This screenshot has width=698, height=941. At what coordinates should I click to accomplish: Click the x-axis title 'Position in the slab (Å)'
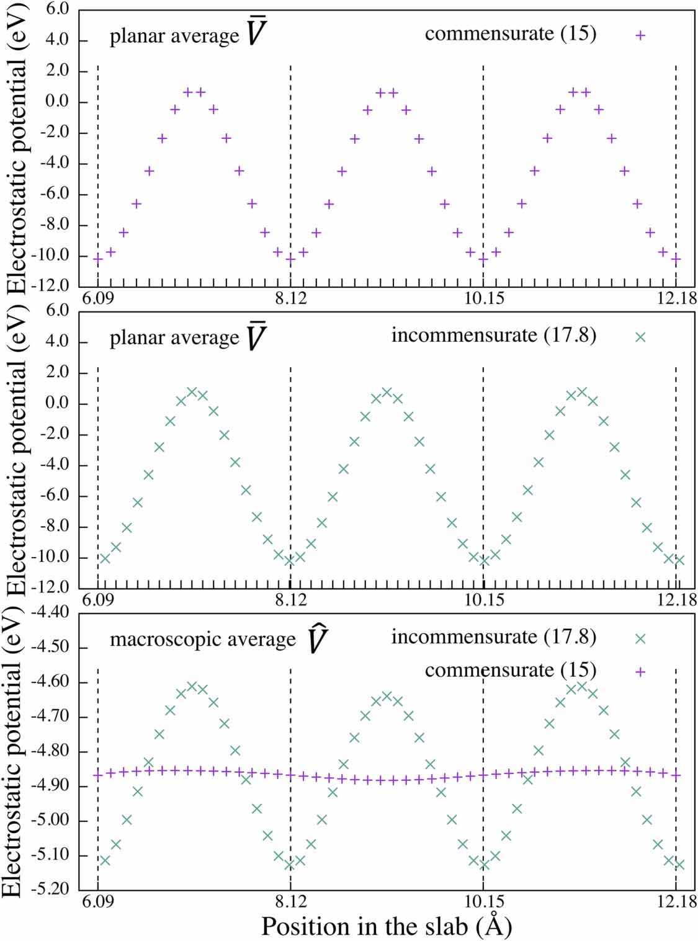point(386,926)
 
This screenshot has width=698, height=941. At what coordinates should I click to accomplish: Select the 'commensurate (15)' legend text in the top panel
point(510,33)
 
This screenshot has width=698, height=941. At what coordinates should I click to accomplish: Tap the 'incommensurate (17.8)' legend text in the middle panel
point(493,336)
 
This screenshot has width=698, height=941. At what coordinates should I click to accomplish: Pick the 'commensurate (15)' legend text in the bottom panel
point(510,671)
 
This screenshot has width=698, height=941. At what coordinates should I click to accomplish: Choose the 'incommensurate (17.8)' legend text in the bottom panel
point(493,637)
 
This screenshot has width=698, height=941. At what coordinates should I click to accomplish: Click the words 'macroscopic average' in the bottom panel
point(202,640)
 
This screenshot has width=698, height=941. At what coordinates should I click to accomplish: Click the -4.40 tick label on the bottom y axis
point(55,612)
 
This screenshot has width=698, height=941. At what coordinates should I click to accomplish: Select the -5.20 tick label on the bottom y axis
point(55,889)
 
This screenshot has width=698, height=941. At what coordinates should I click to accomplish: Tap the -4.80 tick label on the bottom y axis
point(55,751)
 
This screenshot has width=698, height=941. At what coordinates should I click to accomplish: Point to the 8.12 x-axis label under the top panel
point(290,298)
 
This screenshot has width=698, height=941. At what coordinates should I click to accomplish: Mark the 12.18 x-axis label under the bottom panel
point(676,902)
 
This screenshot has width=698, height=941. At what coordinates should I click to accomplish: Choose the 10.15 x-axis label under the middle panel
point(484,600)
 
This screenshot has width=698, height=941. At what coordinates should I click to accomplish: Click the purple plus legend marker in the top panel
point(640,35)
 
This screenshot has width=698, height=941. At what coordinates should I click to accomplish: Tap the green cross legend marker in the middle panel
point(640,337)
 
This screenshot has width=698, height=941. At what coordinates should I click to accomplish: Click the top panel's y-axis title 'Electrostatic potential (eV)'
point(17,149)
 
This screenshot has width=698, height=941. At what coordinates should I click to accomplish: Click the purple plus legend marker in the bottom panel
point(640,672)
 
